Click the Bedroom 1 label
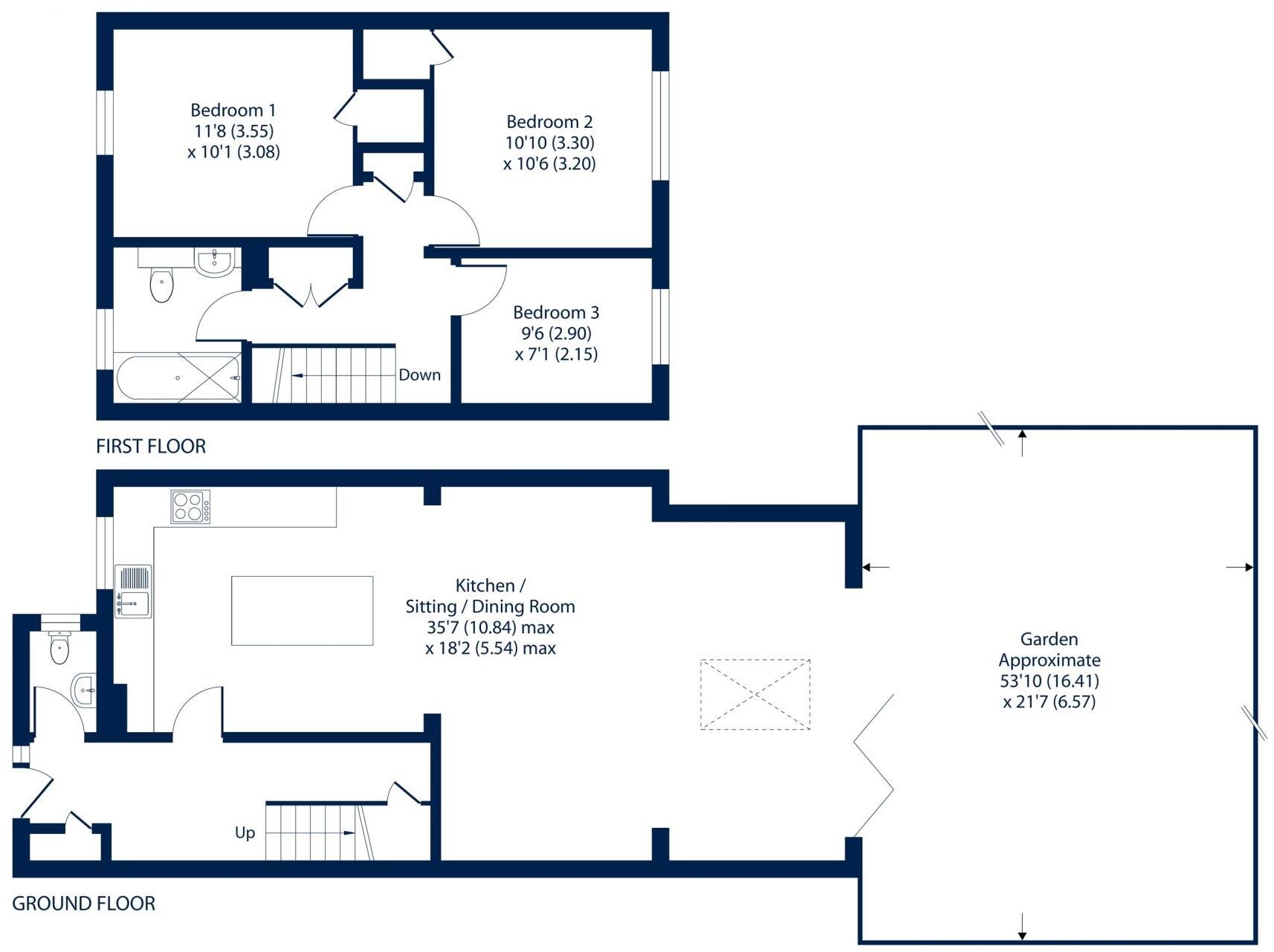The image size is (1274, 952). pos(233,110)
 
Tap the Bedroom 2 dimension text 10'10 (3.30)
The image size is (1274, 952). pos(549,143)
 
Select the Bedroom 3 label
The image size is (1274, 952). pos(556,312)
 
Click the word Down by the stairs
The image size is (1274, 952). pos(419,375)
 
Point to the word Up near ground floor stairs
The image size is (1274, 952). pos(245,832)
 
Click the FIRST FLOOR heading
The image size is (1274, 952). pos(151,446)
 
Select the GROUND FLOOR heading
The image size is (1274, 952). pos(84,904)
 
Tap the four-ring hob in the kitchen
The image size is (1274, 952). pos(190,507)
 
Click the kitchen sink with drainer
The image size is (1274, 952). pos(133,592)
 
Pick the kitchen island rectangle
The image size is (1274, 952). pos(302,610)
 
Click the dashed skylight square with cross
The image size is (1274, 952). pos(755,694)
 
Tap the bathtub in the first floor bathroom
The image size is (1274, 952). pos(178,378)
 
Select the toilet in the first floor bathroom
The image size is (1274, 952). pos(161,285)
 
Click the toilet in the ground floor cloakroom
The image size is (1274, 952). pos(59,647)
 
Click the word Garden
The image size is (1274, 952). pos(1049,639)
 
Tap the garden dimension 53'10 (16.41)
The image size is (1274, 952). pos(1050,681)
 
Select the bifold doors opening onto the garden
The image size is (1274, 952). pos(874,765)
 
